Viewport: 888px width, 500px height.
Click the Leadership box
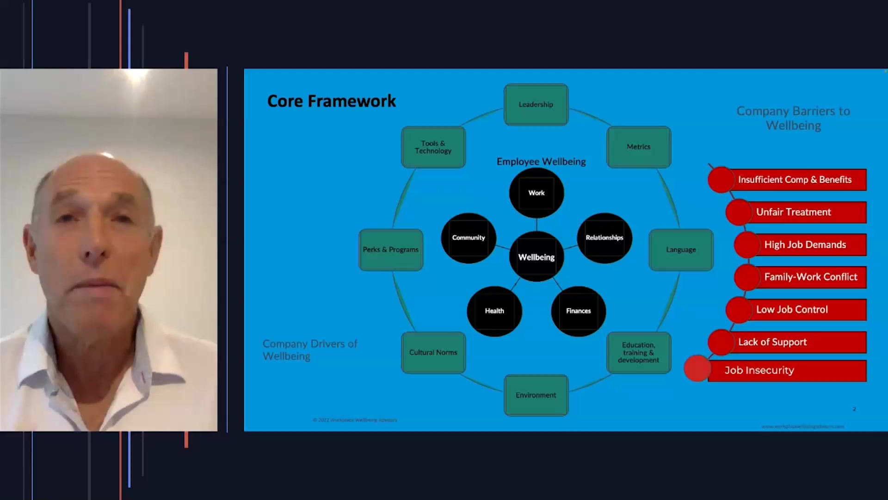click(x=536, y=105)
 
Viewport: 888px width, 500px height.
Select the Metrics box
click(x=639, y=147)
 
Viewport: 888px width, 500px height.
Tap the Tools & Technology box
click(x=433, y=147)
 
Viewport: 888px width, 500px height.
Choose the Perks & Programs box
click(x=391, y=250)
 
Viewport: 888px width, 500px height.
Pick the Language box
click(x=681, y=250)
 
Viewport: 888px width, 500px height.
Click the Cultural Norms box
click(x=433, y=352)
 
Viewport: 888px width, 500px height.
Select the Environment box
click(x=536, y=395)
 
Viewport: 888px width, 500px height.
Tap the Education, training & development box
click(x=639, y=352)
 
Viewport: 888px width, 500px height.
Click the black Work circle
click(x=536, y=193)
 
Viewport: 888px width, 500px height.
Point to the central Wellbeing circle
click(x=536, y=257)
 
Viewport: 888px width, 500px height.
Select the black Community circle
click(x=469, y=237)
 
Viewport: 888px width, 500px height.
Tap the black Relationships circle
click(x=604, y=237)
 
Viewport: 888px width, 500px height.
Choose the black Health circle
click(x=494, y=311)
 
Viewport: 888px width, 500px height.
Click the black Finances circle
click(x=579, y=311)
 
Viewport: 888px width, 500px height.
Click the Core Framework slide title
click(x=332, y=101)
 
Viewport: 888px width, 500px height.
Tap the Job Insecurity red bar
click(x=786, y=370)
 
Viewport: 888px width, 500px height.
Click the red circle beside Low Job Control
click(x=739, y=310)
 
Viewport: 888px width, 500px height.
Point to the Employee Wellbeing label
click(x=541, y=162)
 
